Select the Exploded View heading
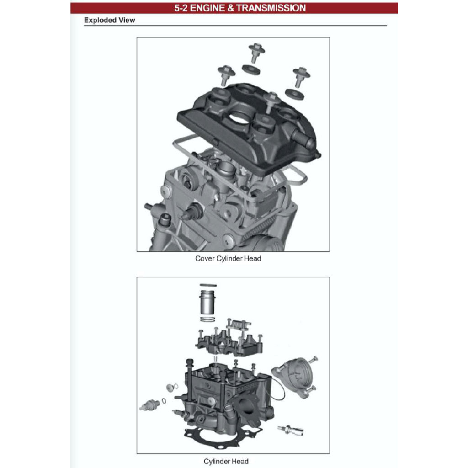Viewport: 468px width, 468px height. tap(109, 20)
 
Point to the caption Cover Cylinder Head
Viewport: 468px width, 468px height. tap(228, 258)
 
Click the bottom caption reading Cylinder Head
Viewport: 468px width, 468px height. tap(226, 461)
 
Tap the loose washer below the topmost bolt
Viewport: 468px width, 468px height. tap(251, 70)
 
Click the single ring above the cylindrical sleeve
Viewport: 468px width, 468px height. tap(208, 285)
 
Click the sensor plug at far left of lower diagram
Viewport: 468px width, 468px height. tap(151, 404)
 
